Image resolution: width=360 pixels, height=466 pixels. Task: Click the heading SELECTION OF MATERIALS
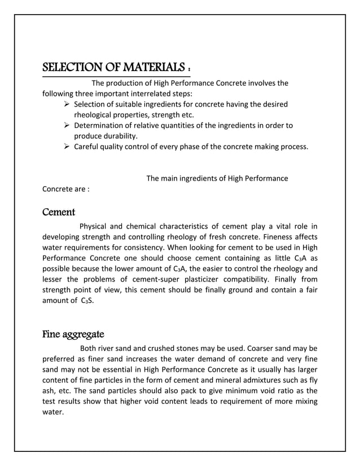point(116,68)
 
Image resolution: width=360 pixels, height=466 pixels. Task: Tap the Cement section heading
point(59,213)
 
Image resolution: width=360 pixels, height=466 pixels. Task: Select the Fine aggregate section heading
point(72,335)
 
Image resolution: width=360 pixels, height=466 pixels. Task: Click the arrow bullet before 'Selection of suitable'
point(67,104)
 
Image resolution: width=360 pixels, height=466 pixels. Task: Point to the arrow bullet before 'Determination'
point(67,125)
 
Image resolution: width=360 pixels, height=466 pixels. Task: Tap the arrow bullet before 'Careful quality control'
point(67,147)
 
